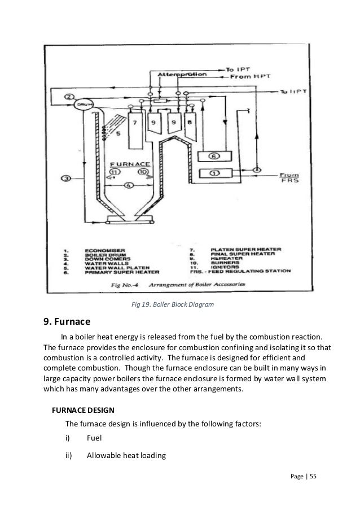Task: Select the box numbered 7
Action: click(135, 129)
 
